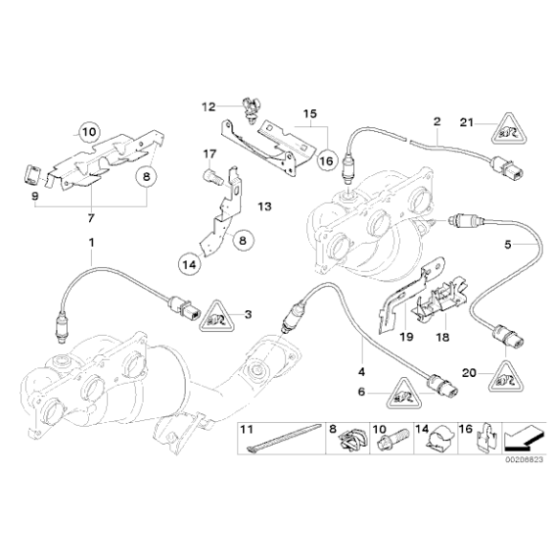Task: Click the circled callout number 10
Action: [89, 132]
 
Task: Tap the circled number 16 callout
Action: [326, 161]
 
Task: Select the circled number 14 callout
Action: [189, 264]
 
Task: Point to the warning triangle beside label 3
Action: [216, 318]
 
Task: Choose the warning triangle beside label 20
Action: [506, 377]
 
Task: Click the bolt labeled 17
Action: [212, 176]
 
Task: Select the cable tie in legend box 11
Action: [283, 438]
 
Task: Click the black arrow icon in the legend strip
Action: [524, 438]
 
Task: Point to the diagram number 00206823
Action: [523, 459]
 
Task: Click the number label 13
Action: [264, 206]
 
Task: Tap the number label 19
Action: [407, 337]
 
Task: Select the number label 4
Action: [362, 371]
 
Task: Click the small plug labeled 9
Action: [31, 174]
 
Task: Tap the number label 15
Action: [310, 114]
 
